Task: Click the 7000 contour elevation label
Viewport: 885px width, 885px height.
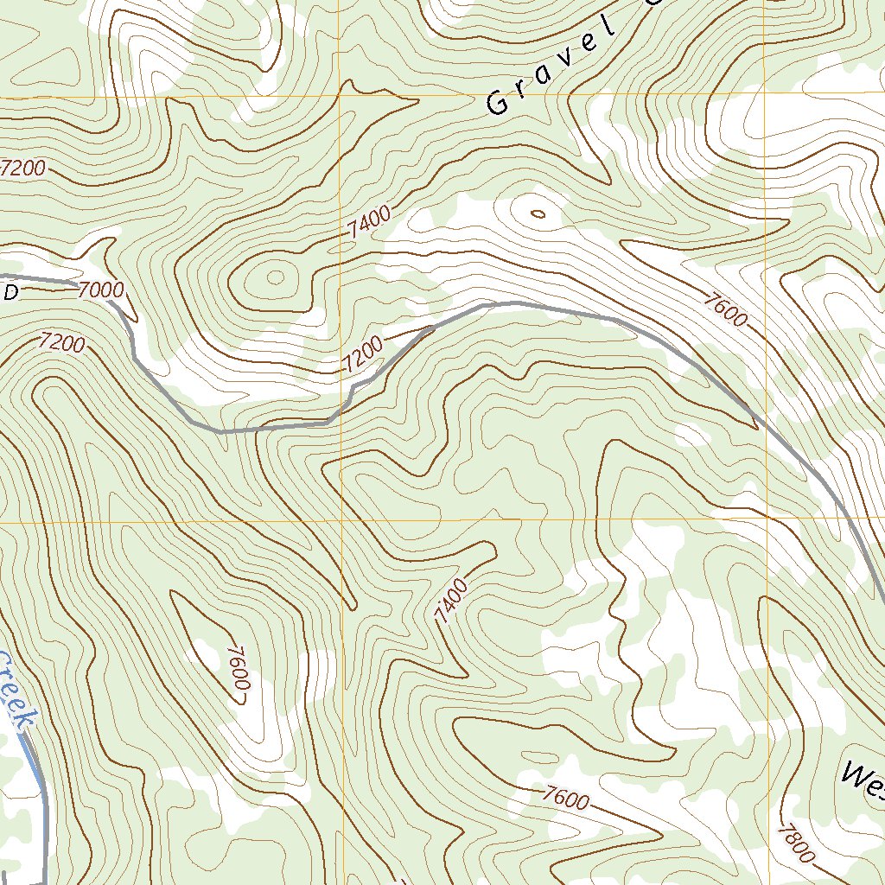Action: [100, 290]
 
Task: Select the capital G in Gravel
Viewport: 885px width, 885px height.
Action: [498, 103]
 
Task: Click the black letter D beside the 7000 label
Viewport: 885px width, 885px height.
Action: [10, 293]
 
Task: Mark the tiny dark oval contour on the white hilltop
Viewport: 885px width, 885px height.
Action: [537, 213]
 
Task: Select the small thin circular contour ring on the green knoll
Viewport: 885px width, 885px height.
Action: [276, 277]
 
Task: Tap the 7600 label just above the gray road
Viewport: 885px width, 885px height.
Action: [724, 312]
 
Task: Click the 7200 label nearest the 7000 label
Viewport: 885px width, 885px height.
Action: [61, 342]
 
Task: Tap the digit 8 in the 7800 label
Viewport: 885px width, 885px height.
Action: [791, 837]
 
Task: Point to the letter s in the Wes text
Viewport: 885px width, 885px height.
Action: [880, 780]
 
